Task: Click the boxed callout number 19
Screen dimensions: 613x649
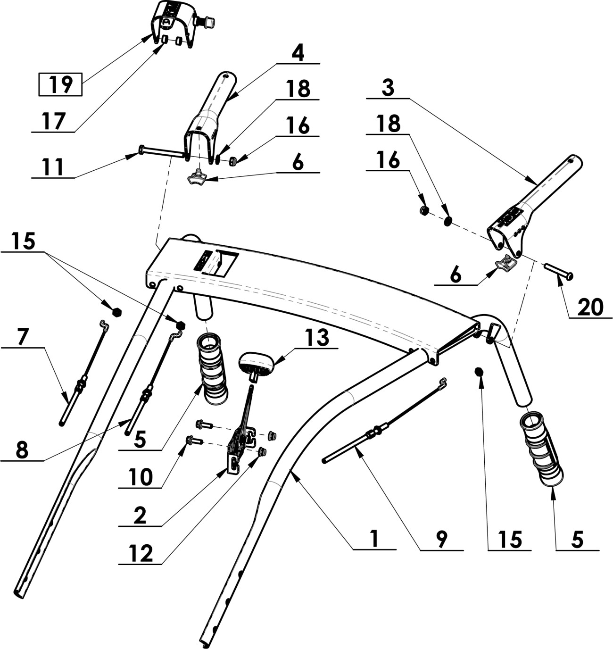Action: [61, 84]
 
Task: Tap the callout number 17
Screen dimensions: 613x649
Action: [54, 121]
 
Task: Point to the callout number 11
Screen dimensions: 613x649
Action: [53, 166]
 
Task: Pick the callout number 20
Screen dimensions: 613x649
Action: [590, 307]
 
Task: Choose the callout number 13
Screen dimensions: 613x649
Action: [318, 338]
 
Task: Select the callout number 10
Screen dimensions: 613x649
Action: [141, 477]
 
